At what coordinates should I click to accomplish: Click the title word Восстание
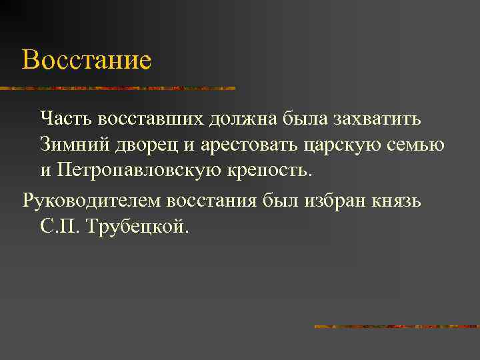[87, 61]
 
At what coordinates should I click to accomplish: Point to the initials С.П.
[59, 227]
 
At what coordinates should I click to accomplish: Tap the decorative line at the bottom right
[397, 327]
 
